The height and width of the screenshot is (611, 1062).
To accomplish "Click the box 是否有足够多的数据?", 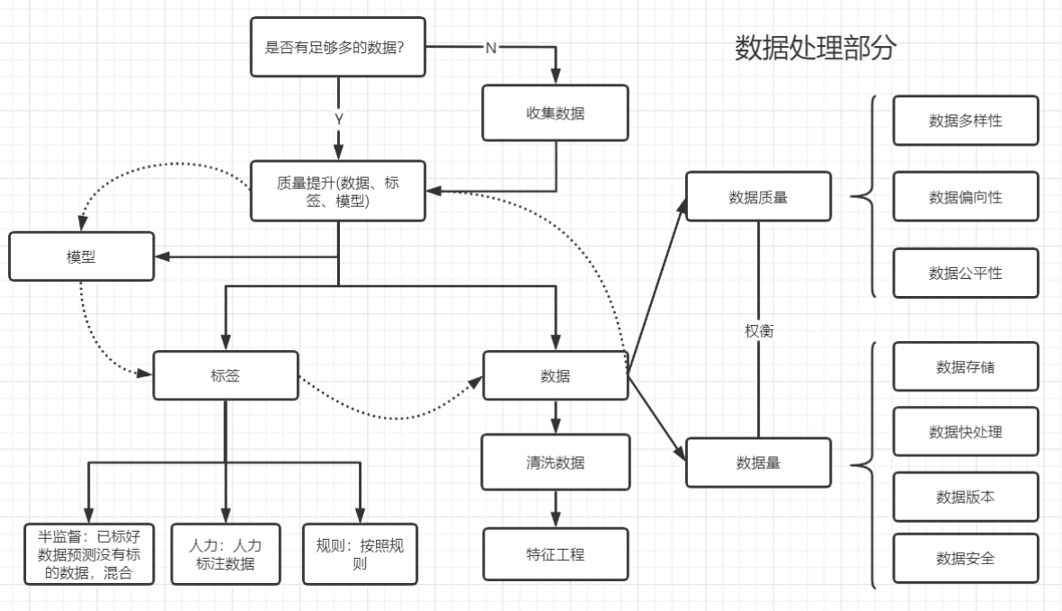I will (337, 47).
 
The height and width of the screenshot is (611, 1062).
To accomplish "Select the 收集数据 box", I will (555, 113).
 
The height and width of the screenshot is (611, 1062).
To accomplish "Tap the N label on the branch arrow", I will (490, 48).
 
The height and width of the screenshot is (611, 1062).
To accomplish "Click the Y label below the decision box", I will (339, 119).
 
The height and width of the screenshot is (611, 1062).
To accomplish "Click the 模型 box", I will (81, 256).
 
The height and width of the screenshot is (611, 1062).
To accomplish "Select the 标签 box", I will (225, 375).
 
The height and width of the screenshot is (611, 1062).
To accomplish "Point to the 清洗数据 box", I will (555, 463).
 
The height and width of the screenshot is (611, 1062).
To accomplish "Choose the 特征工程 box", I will (555, 554).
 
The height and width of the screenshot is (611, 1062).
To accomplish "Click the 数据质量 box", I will (758, 196).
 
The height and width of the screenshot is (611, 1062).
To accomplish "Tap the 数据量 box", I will (758, 463).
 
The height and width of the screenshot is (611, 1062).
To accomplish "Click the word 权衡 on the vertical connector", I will (759, 330).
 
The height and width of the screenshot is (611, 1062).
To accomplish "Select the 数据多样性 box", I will (965, 121).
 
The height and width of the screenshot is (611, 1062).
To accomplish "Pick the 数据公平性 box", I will (965, 273).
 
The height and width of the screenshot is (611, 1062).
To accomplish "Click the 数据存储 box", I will (965, 366).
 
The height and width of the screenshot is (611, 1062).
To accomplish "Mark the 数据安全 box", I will (965, 559).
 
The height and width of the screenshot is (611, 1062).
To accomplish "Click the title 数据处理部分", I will (815, 48).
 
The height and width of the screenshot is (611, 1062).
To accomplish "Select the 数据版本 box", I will (965, 497).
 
